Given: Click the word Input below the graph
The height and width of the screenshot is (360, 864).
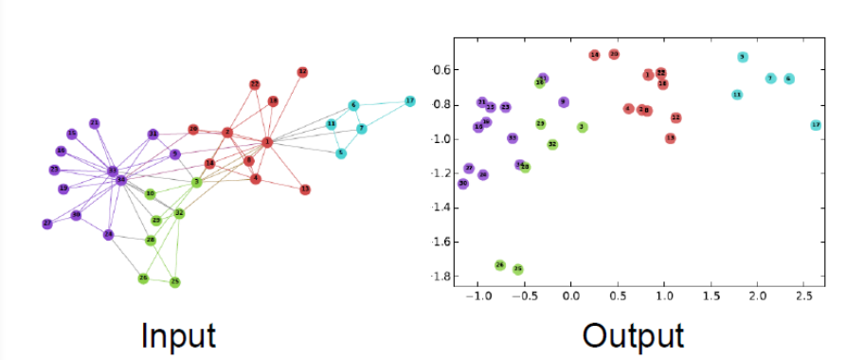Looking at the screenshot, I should (179, 335).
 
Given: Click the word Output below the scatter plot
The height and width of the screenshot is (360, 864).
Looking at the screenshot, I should (632, 335).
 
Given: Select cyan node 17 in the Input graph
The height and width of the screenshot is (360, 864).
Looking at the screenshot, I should (410, 100).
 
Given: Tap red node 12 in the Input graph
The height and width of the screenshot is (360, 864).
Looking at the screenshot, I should (302, 72).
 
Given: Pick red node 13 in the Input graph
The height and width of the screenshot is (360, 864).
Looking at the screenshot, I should (305, 189).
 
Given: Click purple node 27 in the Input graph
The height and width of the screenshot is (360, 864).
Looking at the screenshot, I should (47, 224).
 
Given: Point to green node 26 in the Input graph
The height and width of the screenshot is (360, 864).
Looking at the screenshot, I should (143, 278).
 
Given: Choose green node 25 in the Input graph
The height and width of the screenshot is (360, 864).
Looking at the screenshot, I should (175, 282).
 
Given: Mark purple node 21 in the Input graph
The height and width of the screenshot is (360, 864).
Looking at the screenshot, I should (94, 123).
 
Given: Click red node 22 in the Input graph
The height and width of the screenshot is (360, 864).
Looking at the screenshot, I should (255, 84).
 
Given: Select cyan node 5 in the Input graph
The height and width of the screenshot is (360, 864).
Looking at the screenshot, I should (341, 153).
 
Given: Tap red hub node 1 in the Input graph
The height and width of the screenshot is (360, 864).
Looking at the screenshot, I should (267, 142).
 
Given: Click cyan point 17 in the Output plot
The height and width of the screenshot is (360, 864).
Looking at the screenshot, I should (816, 125).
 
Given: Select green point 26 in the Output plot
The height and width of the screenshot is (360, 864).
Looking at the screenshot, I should (500, 265).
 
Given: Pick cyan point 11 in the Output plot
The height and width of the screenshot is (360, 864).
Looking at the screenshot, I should (737, 95).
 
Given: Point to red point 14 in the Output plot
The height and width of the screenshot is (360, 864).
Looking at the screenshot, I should (595, 55).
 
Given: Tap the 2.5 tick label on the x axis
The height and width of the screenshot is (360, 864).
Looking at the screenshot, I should (803, 297).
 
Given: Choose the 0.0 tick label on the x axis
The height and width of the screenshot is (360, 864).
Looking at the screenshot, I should (570, 297).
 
